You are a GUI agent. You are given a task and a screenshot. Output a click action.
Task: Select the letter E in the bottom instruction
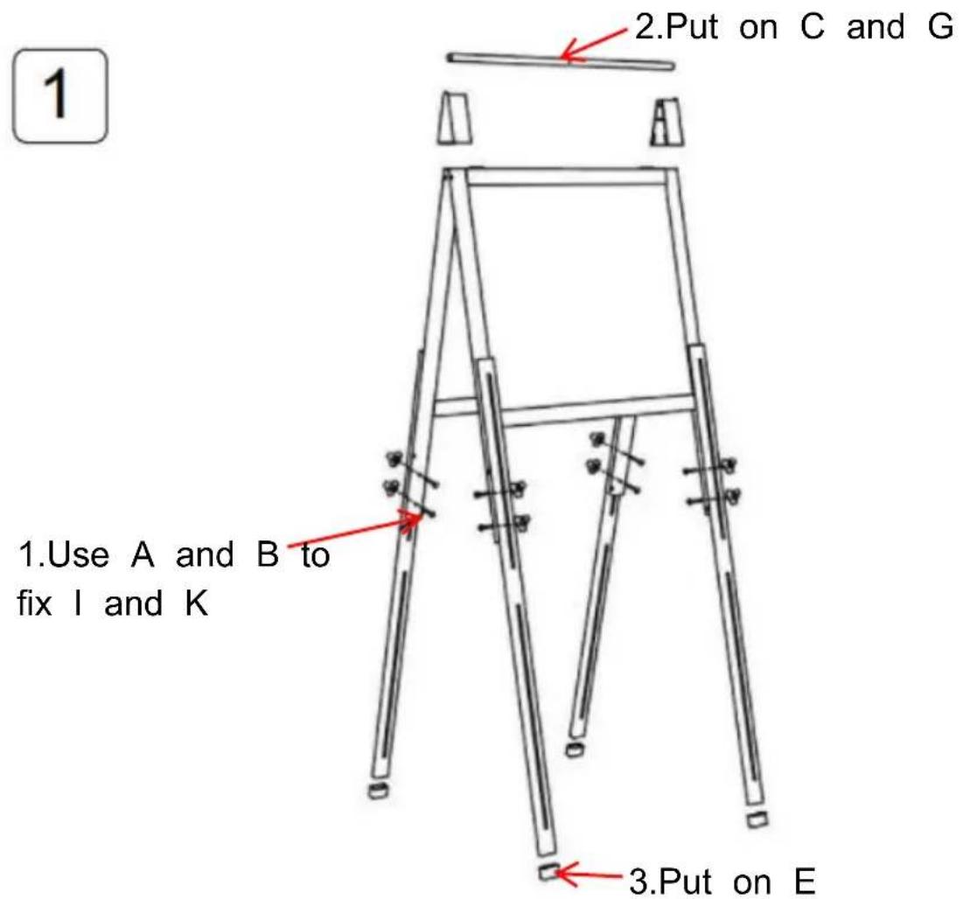[x=806, y=882]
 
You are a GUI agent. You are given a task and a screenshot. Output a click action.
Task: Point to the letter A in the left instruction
[x=143, y=554]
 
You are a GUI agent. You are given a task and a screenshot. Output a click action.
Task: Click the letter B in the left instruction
[x=268, y=554]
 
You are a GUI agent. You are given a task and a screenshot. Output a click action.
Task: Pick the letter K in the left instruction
[x=197, y=603]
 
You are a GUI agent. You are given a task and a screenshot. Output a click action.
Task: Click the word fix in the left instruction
[x=34, y=603]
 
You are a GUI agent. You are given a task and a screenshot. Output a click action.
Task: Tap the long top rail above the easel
[x=561, y=61]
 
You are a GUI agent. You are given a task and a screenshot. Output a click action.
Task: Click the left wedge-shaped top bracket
[x=455, y=119]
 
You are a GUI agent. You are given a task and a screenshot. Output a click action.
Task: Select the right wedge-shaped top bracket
[x=667, y=122]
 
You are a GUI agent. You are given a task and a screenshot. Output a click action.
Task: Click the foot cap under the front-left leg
[x=379, y=790]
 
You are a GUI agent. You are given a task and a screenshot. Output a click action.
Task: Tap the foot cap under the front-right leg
[x=757, y=819]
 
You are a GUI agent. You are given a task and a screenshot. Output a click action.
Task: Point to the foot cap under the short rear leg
[x=575, y=749]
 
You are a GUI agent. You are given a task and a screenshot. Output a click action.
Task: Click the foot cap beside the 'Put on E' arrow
[x=548, y=871]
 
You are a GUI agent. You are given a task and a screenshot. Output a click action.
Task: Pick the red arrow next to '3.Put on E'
[x=590, y=875]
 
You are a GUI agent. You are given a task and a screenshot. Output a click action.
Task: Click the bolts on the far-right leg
[x=713, y=484]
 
